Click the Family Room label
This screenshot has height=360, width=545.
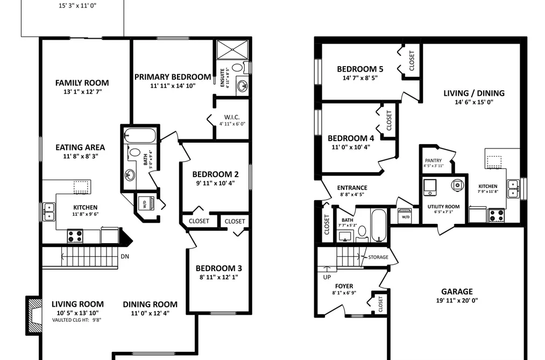82,83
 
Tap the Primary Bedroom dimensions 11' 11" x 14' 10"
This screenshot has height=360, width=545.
173,86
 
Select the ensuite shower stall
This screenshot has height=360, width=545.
232,50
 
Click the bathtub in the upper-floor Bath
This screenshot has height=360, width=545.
140,136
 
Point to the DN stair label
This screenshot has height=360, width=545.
125,257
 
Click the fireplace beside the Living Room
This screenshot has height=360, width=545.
34,315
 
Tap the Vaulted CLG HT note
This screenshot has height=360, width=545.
77,320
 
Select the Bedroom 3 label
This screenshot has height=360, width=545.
218,269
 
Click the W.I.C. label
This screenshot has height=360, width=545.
232,117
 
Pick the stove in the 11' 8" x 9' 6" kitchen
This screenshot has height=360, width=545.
75,236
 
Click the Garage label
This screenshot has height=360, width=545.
457,292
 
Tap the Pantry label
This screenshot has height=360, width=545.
434,160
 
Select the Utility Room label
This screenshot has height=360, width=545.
443,207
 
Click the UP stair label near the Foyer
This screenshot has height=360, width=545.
327,277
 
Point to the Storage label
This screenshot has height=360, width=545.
378,257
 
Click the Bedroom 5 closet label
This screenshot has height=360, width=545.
412,61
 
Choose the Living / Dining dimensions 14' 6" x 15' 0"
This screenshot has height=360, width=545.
474,102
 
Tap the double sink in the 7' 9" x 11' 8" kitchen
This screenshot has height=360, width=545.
513,189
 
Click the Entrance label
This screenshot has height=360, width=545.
352,188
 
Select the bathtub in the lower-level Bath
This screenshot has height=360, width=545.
379,225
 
